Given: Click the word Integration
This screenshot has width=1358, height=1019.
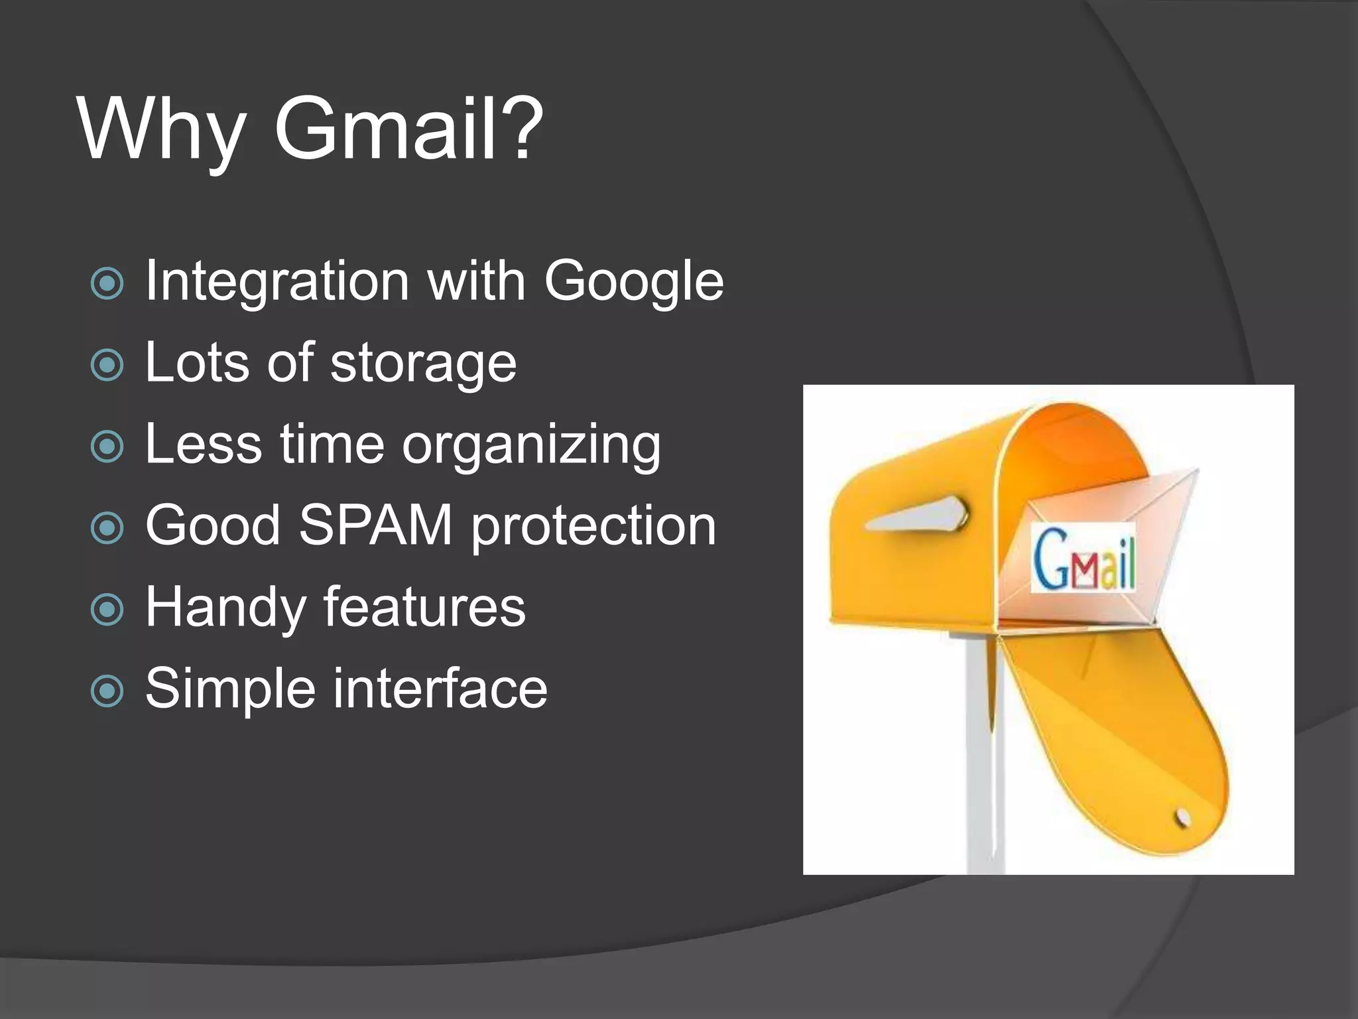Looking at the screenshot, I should [277, 282].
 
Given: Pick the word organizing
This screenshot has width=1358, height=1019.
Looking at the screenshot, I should [531, 446].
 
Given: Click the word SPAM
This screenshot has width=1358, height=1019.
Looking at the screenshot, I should [376, 525].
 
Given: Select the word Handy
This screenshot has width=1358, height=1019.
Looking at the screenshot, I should [225, 608].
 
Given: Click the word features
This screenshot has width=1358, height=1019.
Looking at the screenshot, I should [424, 607].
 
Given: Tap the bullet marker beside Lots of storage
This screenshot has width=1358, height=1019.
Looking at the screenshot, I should [107, 365].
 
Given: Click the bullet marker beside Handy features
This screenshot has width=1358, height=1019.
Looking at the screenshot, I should [107, 609].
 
